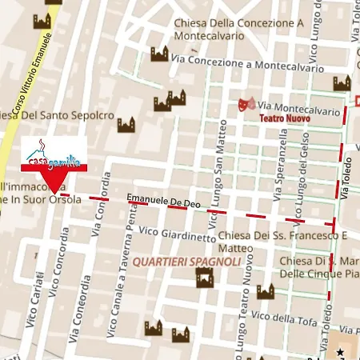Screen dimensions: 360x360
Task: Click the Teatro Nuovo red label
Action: pyautogui.click(x=283, y=118)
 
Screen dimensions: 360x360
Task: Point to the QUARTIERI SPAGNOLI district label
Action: pyautogui.click(x=187, y=262)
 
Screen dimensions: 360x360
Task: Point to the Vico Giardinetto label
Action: pyautogui.click(x=177, y=234)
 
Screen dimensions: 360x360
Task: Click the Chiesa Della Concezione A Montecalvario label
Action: pyautogui.click(x=238, y=29)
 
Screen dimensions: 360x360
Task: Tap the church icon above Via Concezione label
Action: pyautogui.click(x=160, y=54)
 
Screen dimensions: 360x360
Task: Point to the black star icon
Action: pyautogui.click(x=340, y=351)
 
